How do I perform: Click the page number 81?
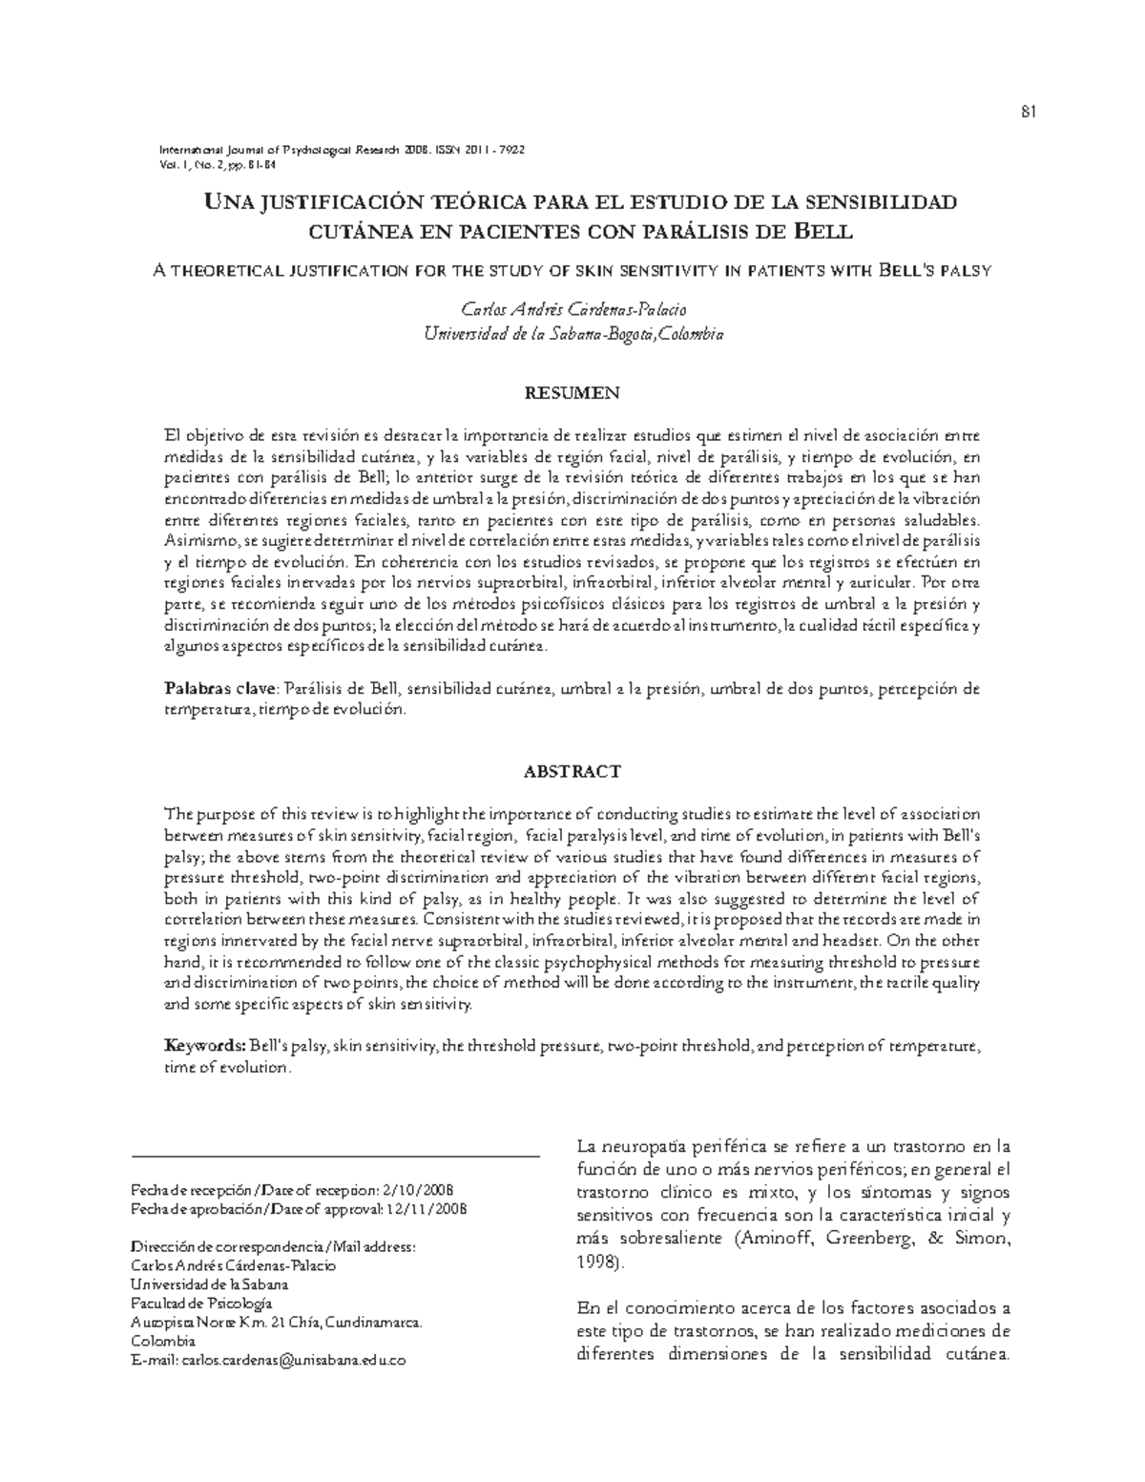coord(1028,112)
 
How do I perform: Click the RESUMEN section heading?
coord(573,392)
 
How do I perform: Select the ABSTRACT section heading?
coord(573,770)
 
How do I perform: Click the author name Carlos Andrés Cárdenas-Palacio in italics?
coord(572,309)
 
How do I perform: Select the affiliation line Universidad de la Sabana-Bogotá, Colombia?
coord(572,334)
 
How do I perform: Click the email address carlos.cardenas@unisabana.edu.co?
coord(294,1360)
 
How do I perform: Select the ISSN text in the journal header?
coord(479,150)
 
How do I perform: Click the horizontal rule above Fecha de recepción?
coord(334,1157)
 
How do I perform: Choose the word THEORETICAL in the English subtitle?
coord(227,270)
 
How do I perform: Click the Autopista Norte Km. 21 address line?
coord(275,1322)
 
